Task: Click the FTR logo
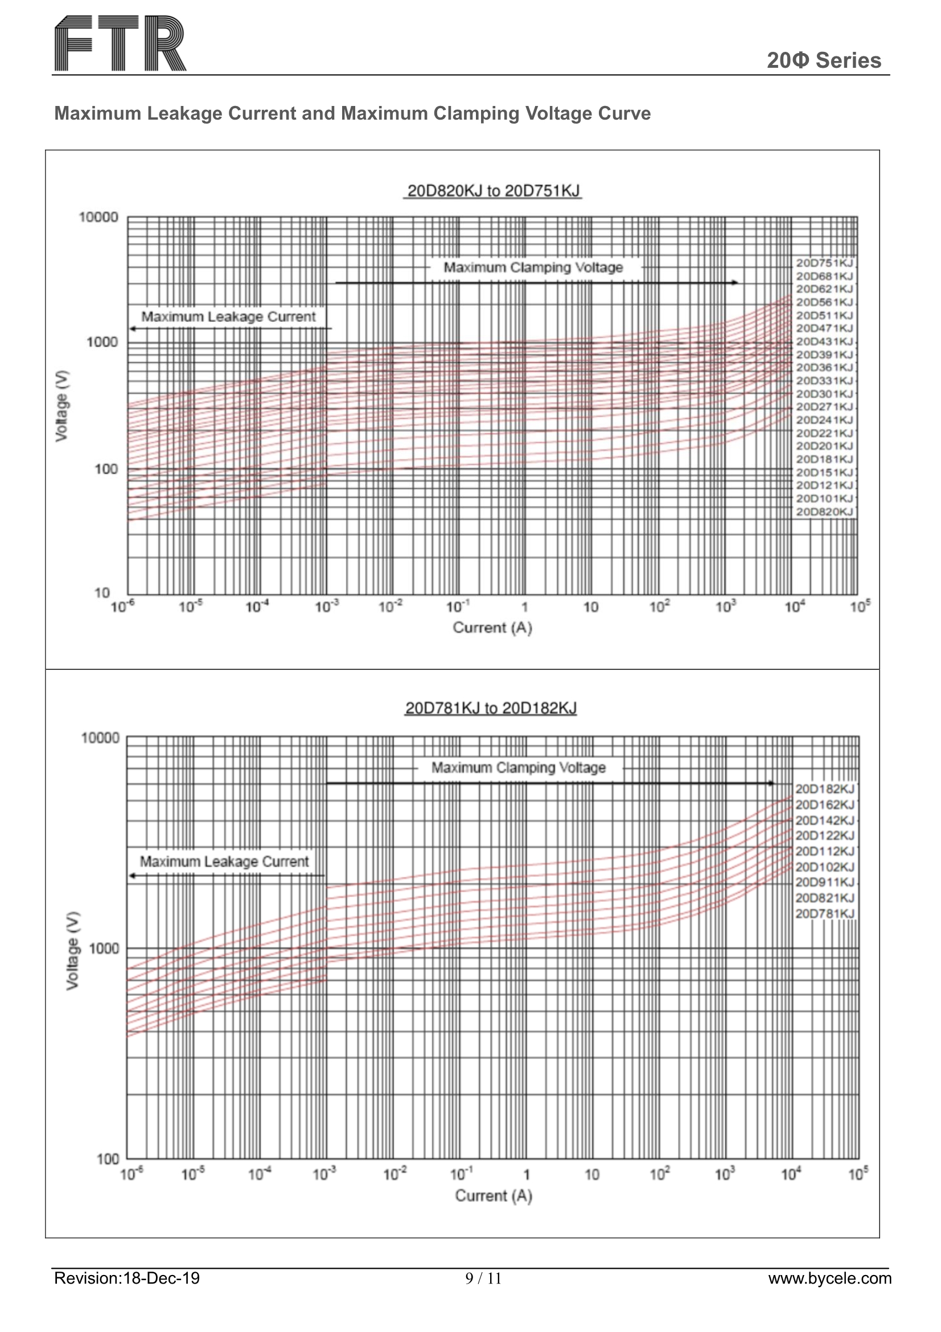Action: point(120,43)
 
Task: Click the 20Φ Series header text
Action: point(823,60)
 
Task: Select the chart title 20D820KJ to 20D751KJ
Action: point(493,191)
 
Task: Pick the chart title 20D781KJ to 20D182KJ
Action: point(491,708)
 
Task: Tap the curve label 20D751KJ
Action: point(824,263)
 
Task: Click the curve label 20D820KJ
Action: point(824,512)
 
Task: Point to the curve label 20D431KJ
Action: point(824,342)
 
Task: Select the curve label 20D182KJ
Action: point(824,789)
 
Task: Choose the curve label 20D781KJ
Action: point(824,914)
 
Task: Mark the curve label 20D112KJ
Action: point(824,851)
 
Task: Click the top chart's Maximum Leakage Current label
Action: point(228,317)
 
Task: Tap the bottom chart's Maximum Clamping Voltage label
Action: point(519,767)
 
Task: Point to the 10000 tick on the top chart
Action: point(98,218)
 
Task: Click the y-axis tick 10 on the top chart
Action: point(102,593)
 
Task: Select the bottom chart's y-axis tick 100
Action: point(108,1159)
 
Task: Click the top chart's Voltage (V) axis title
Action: point(62,405)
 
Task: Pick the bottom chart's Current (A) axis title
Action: point(494,1196)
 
